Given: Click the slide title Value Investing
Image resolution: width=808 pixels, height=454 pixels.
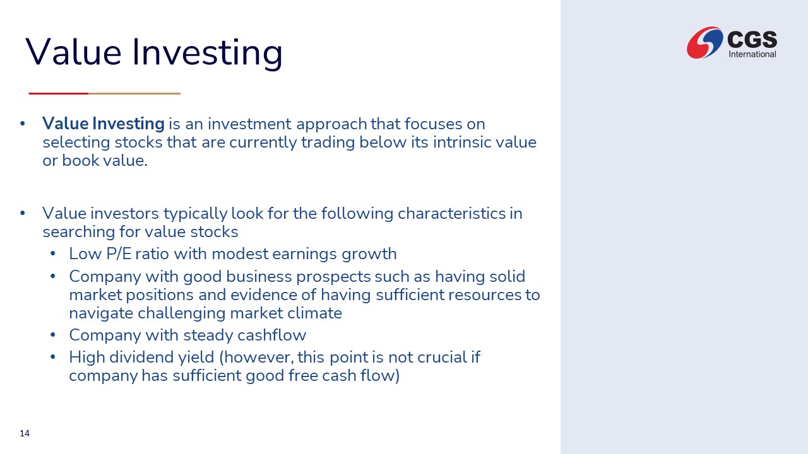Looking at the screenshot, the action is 154,53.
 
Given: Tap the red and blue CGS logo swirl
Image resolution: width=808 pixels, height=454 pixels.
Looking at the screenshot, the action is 704,42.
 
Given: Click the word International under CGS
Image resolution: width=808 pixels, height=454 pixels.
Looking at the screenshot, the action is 752,54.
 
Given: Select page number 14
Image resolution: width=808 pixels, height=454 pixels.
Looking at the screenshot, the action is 25,433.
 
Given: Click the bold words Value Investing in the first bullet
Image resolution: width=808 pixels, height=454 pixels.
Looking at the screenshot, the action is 104,124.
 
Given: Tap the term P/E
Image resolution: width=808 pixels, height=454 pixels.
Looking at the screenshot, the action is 119,253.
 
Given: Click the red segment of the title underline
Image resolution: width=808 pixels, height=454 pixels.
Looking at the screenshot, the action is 59,94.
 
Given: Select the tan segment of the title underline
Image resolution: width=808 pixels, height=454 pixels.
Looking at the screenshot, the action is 134,94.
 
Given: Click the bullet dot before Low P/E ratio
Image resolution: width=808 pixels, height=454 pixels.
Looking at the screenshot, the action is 53,253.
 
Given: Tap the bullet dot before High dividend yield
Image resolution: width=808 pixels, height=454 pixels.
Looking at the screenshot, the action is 53,357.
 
